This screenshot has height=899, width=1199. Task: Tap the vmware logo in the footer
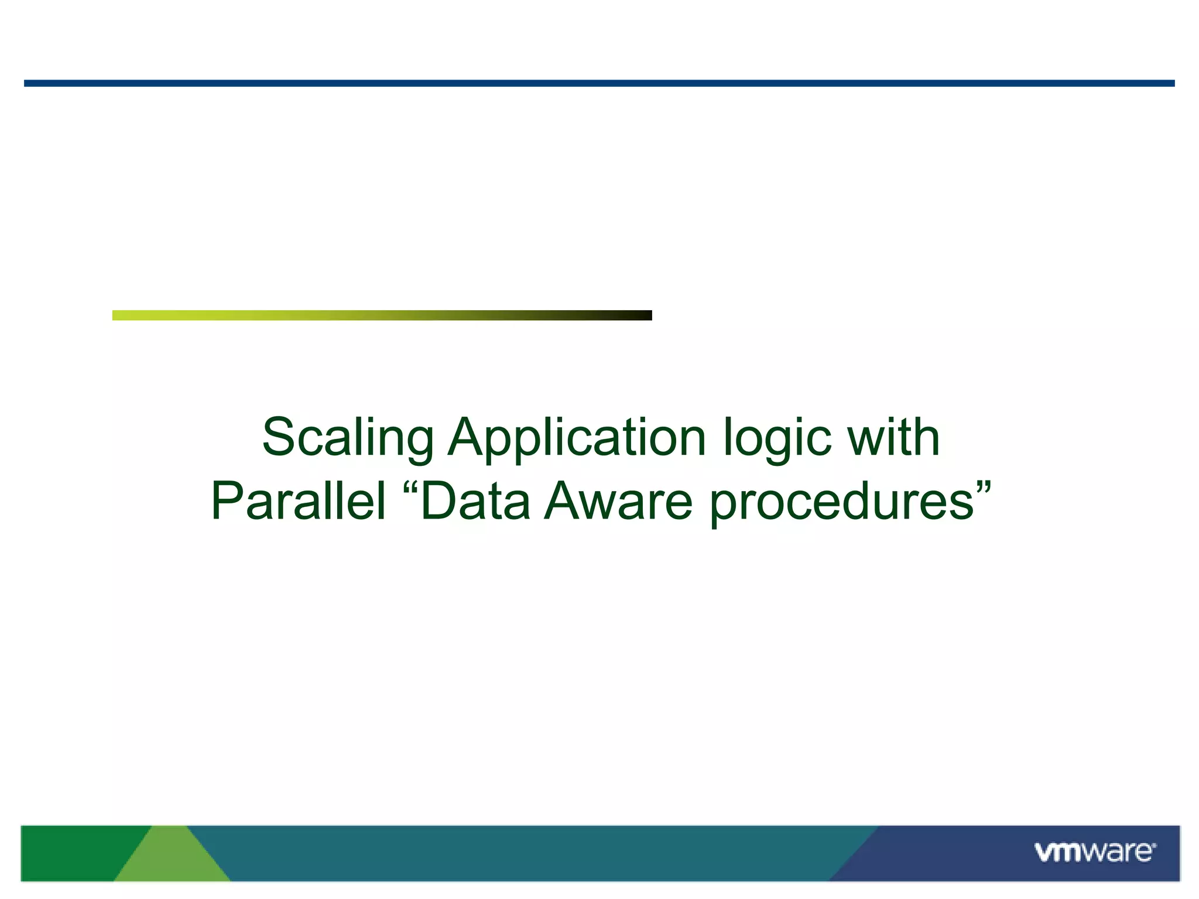[x=1095, y=852]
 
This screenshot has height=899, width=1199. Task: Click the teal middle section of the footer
[x=527, y=853]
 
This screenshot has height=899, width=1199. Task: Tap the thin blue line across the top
[x=599, y=84]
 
